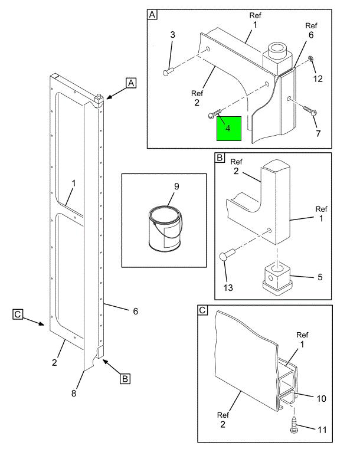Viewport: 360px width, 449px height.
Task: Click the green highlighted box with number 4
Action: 228,129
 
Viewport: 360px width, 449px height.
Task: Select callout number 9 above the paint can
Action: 176,186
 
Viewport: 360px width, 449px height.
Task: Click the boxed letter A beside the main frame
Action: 131,83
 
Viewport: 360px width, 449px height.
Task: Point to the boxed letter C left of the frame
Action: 18,314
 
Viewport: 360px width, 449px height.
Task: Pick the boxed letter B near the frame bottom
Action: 125,379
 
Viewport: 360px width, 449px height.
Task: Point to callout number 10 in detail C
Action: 320,398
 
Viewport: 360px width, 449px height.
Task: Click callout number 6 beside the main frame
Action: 135,311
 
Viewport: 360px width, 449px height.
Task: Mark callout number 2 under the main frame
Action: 54,362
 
